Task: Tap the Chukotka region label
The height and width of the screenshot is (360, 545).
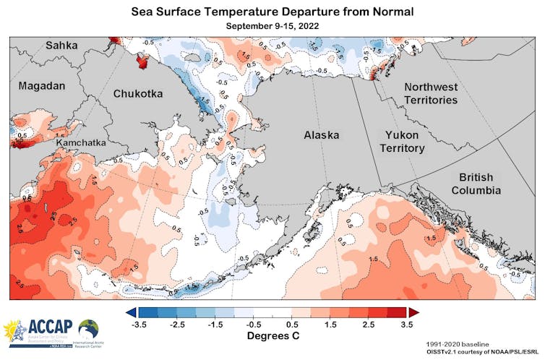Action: pyautogui.click(x=137, y=93)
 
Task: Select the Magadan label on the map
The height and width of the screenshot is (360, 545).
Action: pyautogui.click(x=41, y=86)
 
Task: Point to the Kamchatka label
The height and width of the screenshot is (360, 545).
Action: pyautogui.click(x=80, y=143)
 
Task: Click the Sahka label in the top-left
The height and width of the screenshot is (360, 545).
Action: pyautogui.click(x=61, y=45)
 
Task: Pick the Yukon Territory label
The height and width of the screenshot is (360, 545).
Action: pyautogui.click(x=402, y=141)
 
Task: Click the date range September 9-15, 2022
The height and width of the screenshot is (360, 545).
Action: pyautogui.click(x=272, y=26)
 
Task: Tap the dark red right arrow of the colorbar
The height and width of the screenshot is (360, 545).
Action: pyautogui.click(x=413, y=312)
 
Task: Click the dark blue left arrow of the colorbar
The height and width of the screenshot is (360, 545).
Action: pyautogui.click(x=131, y=312)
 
